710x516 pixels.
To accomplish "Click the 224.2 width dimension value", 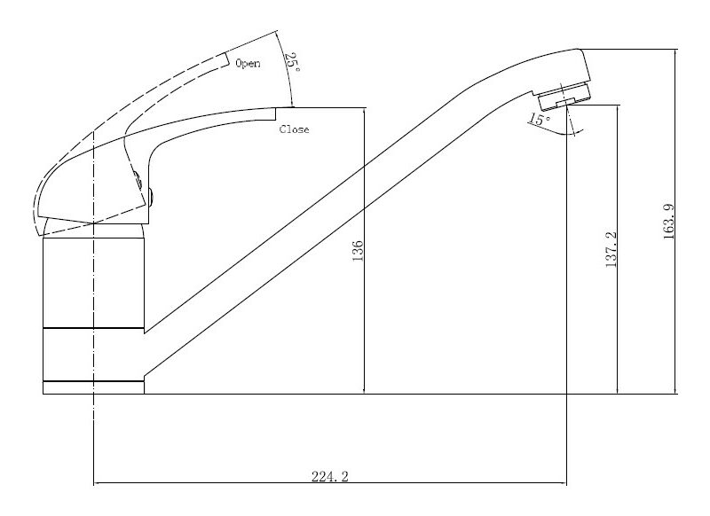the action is tap(329, 476).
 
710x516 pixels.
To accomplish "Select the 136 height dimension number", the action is tap(358, 251).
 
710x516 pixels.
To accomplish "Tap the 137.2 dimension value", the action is tap(611, 250).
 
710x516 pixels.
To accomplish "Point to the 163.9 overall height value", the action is tap(669, 221).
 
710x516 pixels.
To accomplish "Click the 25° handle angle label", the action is tap(292, 62).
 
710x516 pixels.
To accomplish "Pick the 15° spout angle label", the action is tap(540, 120).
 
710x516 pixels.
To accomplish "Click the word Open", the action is tap(248, 63).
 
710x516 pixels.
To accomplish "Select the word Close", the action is tap(295, 129).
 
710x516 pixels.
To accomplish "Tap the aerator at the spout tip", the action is tap(564, 97).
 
